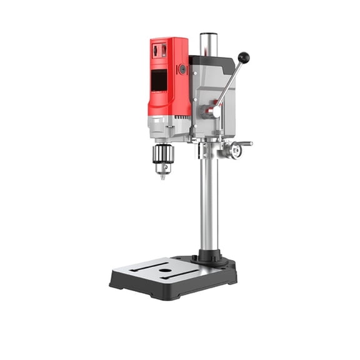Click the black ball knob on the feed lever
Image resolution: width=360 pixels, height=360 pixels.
[x=243, y=57]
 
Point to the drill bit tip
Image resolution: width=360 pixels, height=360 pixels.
[x=164, y=177]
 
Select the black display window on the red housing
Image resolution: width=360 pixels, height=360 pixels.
[x=160, y=81]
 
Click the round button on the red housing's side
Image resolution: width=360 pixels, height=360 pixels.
[x=182, y=69]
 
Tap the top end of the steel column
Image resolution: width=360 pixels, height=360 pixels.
[x=209, y=36]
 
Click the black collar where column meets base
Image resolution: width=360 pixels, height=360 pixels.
[x=209, y=256]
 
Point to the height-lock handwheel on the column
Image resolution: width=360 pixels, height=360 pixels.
[x=234, y=149]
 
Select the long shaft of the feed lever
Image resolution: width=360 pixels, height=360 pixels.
[x=228, y=84]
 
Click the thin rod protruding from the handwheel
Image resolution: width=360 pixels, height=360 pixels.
[x=246, y=144]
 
